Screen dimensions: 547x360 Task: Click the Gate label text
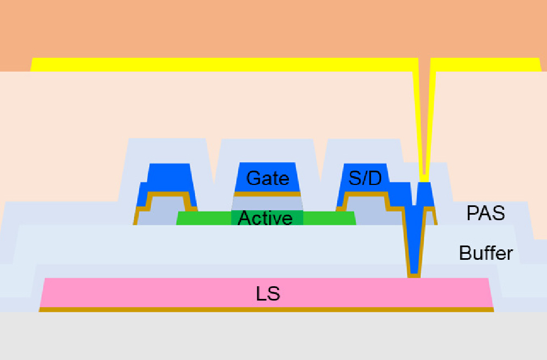(x=267, y=178)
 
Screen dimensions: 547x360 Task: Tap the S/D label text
(x=365, y=178)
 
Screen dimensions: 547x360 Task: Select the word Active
(x=265, y=218)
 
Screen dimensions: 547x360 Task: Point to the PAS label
(x=485, y=213)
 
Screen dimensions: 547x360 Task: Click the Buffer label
(x=486, y=253)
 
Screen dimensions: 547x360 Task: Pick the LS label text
(x=267, y=294)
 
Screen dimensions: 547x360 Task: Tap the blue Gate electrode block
(x=267, y=177)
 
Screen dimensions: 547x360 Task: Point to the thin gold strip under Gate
(x=267, y=194)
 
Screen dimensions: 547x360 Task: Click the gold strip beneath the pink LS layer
(x=266, y=309)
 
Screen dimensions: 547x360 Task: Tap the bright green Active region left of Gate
(x=204, y=218)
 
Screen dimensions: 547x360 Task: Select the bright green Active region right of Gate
(x=329, y=218)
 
